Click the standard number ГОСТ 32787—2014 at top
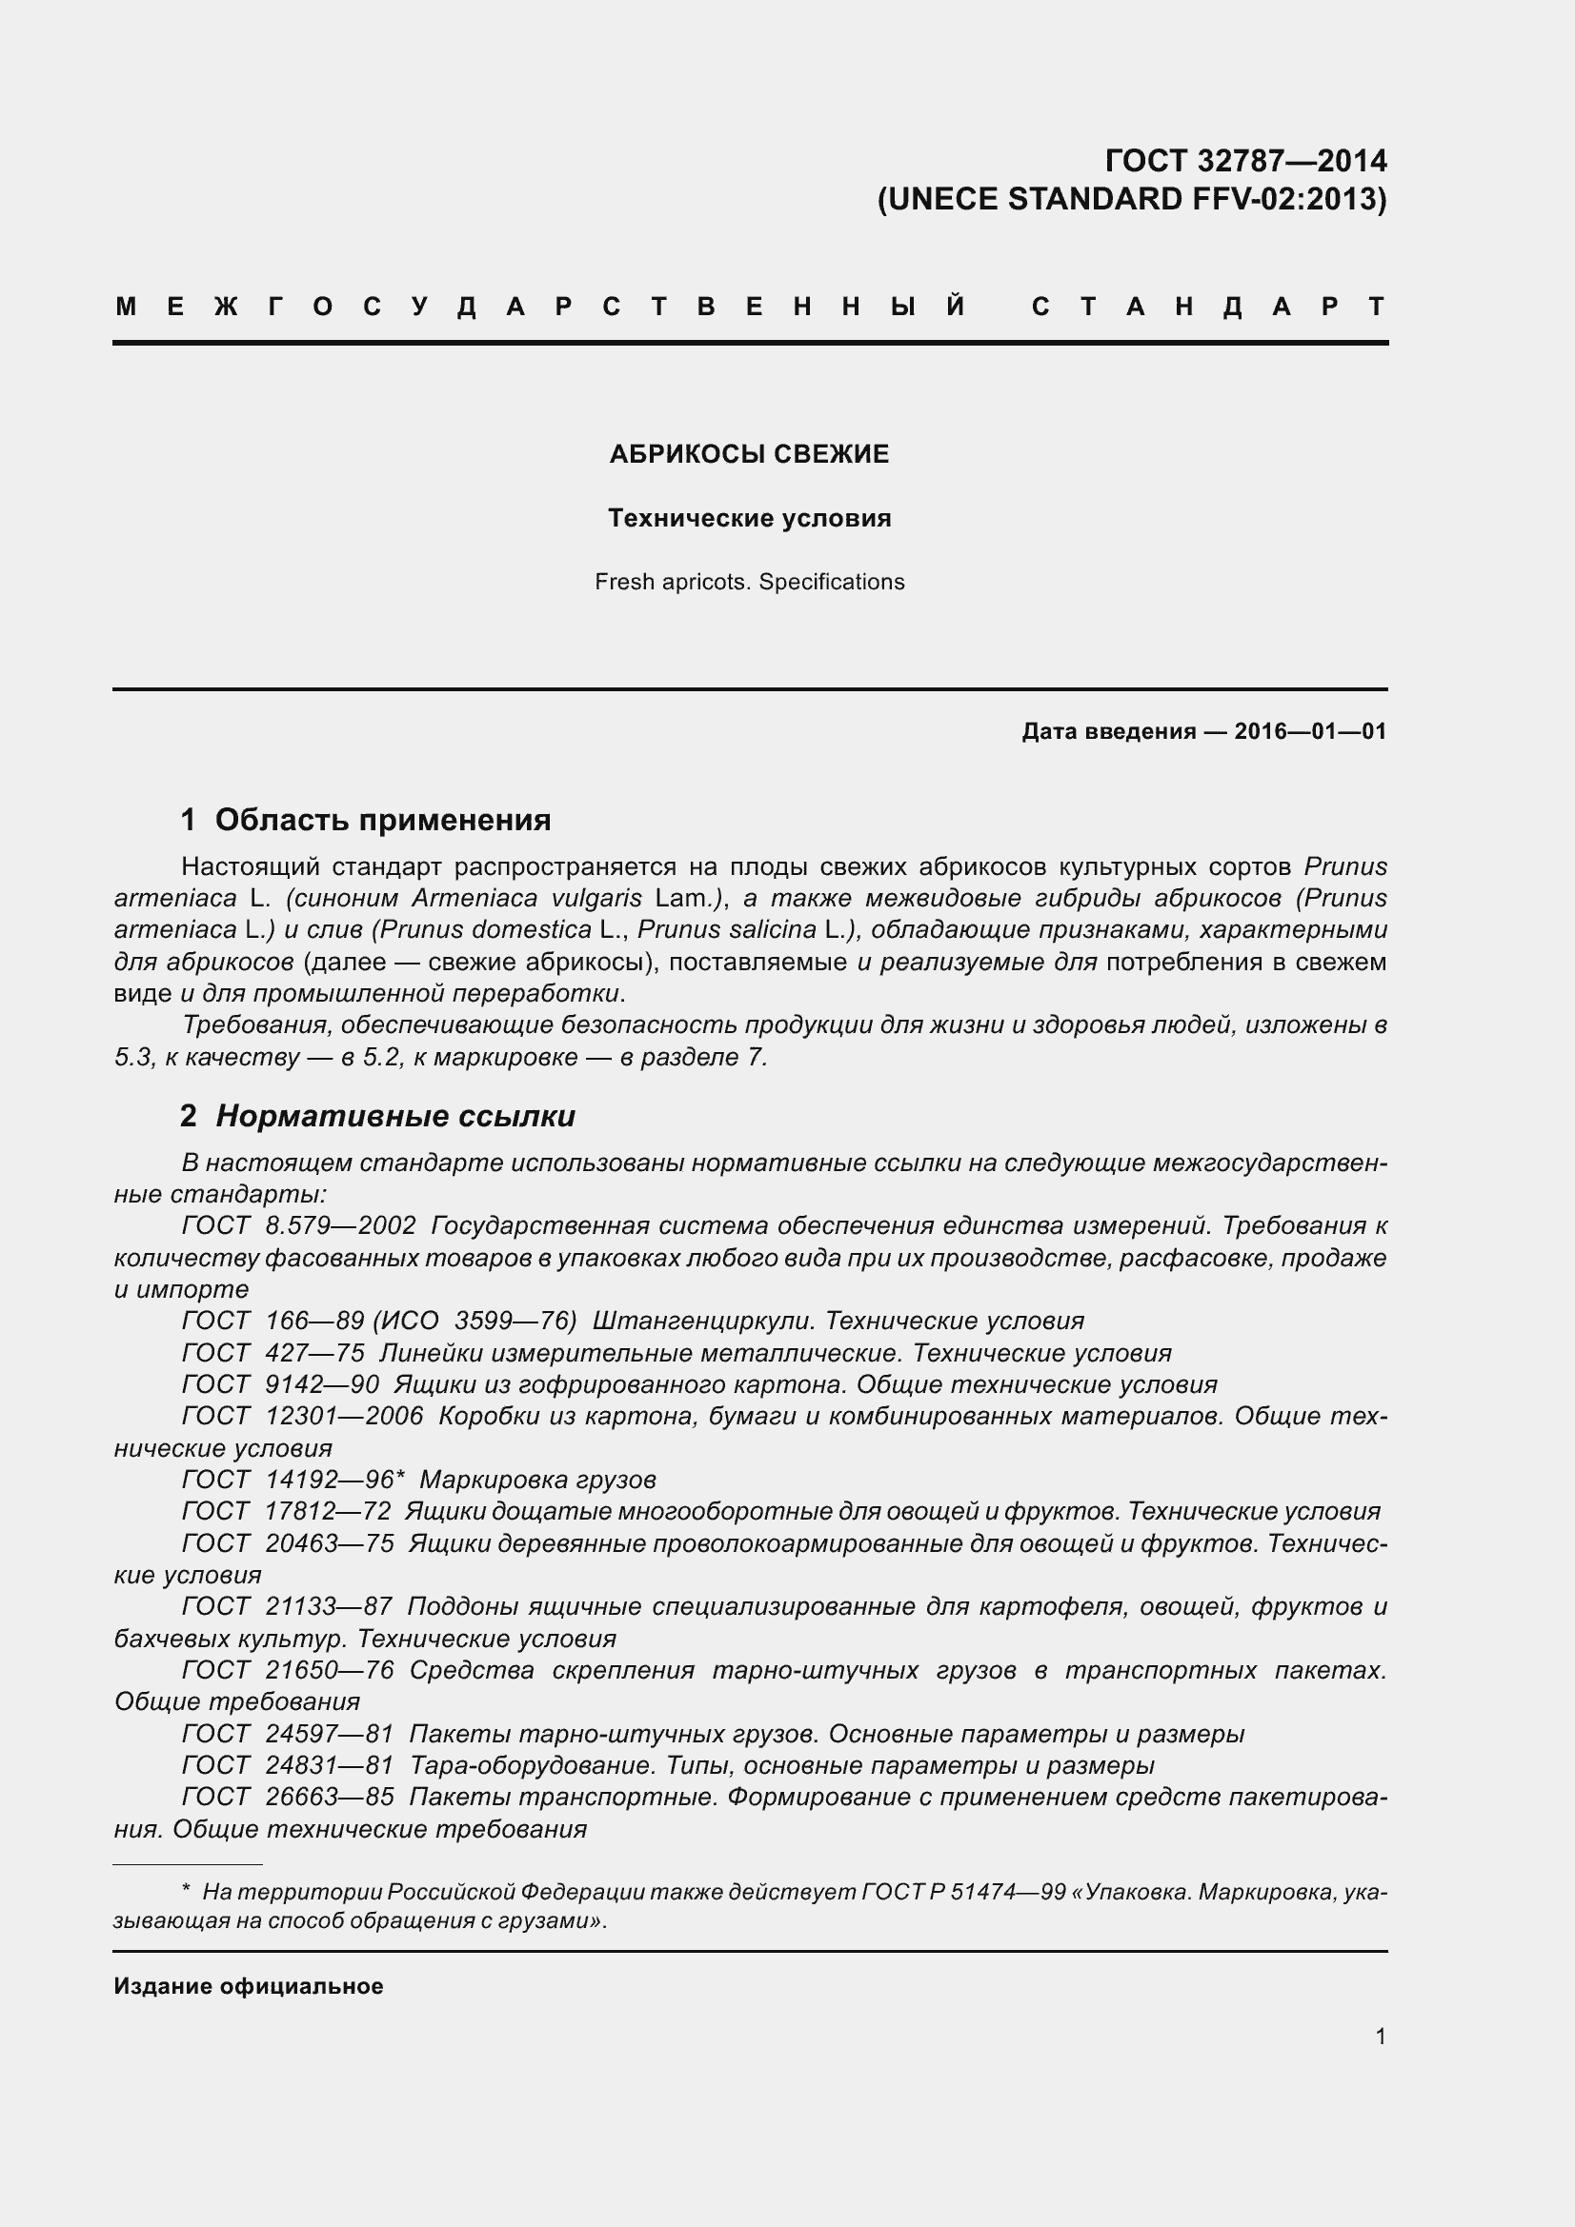click(x=1245, y=160)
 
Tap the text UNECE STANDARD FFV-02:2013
click(x=1132, y=199)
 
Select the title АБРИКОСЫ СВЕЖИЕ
click(x=749, y=454)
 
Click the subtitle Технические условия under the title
click(x=749, y=518)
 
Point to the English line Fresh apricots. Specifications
click(x=749, y=582)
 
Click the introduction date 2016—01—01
click(x=1309, y=731)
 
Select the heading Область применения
click(x=382, y=820)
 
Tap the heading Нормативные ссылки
click(x=395, y=1117)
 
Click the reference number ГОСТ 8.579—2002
click(x=299, y=1226)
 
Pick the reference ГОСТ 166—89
click(x=273, y=1322)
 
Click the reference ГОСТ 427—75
click(x=273, y=1353)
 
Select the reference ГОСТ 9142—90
click(x=280, y=1385)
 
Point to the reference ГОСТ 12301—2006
click(x=302, y=1416)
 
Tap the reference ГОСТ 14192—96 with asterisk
click(x=293, y=1481)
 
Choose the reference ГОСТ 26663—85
click(x=287, y=1798)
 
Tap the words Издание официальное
click(x=249, y=1986)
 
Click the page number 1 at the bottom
click(x=1380, y=2037)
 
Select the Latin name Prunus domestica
click(x=485, y=929)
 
